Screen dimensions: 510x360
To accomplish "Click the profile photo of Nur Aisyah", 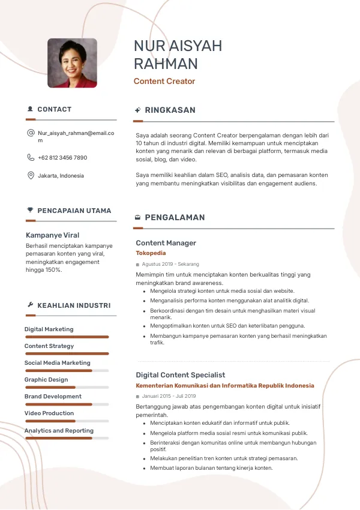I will (72, 63).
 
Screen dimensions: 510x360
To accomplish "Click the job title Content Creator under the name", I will (164, 82).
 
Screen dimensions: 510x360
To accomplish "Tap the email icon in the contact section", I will (31, 133).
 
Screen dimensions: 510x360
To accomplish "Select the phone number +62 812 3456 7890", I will (62, 158).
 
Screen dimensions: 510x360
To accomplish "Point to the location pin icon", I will (31, 176).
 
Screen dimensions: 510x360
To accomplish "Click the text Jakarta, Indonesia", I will (61, 176).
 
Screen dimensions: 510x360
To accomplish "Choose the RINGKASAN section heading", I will (170, 110).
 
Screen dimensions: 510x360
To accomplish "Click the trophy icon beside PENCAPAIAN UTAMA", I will (30, 211).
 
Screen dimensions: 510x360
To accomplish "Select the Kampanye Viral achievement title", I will (53, 235).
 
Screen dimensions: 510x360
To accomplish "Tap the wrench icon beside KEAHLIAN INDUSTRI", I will (30, 305).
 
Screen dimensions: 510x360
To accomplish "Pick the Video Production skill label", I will (49, 413).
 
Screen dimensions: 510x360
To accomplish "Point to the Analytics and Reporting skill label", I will (59, 431).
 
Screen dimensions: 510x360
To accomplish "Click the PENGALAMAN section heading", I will (175, 218).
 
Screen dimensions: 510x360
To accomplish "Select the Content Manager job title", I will (166, 243).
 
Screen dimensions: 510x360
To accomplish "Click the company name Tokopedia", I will (151, 253).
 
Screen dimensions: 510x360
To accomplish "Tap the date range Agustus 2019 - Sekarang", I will (170, 264).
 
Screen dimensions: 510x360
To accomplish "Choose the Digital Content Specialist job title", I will (180, 375).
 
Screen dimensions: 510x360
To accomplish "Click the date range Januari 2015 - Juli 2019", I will (169, 396).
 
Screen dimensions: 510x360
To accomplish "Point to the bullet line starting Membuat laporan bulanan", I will (211, 468).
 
